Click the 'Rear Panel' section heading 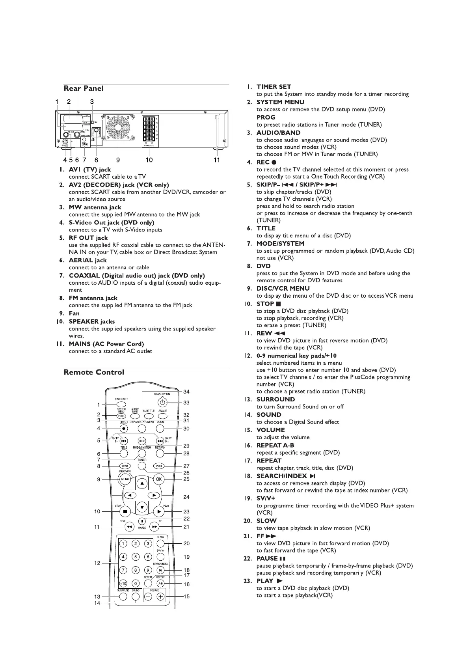coord(84,88)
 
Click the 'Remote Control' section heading coord(94,372)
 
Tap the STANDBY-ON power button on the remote coord(163,403)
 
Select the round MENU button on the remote coord(125,479)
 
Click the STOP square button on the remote coord(125,511)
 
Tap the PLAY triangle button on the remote coord(158,511)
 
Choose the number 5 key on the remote coord(136,557)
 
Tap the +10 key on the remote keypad coord(123,583)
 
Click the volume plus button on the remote coord(160,596)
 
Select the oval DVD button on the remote coord(125,466)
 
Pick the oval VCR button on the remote coord(159,466)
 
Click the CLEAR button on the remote coord(142,441)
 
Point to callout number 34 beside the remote coord(186,392)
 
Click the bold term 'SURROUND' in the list coord(275,399)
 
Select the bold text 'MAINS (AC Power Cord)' coord(106,344)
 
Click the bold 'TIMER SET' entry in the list coord(274,87)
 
